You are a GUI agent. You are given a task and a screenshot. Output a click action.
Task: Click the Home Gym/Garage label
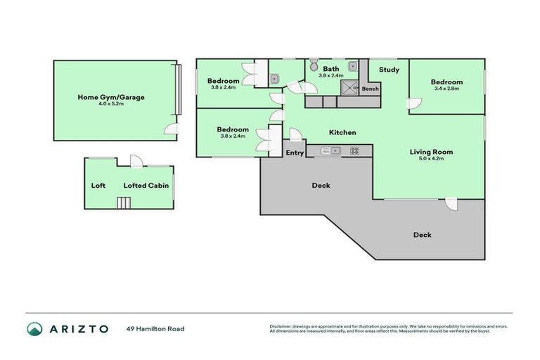[x=110, y=97]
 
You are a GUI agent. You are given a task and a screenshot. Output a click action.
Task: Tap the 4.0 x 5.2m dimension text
[x=110, y=104]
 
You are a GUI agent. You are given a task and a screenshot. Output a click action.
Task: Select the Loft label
[x=98, y=186]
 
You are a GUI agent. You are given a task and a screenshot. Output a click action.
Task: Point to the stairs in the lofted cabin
[x=124, y=203]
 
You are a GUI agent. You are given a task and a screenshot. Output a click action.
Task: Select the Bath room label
[x=330, y=69]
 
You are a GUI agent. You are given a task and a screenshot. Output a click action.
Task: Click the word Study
[x=389, y=70]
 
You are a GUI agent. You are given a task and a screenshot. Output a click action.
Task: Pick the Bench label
[x=370, y=89]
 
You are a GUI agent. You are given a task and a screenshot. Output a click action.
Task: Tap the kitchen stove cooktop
[x=354, y=150]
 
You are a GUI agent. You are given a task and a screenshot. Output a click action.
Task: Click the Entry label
[x=295, y=153]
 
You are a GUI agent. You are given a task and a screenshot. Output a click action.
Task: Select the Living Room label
[x=431, y=152]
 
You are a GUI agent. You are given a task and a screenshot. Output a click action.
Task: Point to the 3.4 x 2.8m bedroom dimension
[x=446, y=89]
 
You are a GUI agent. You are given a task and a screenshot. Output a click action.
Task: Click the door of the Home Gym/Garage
[x=170, y=128]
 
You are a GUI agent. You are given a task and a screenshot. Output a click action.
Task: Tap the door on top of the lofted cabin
[x=136, y=161]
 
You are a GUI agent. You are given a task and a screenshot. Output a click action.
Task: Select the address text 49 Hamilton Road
[x=155, y=328]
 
